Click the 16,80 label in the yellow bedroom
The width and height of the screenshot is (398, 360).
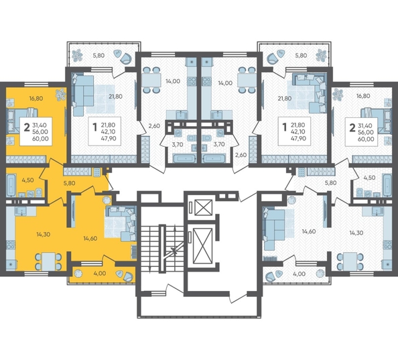tap(36, 99)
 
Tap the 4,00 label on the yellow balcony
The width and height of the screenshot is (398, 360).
tap(100, 274)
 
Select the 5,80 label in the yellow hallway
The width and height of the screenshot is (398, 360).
tap(69, 183)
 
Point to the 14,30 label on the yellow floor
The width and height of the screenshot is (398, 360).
tap(43, 235)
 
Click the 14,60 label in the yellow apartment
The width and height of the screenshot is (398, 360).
tap(90, 239)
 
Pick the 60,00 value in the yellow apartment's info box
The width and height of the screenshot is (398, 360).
tap(40, 139)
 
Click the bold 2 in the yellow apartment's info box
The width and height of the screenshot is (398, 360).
tap(27, 127)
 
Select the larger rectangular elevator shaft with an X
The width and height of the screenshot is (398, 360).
tap(202, 245)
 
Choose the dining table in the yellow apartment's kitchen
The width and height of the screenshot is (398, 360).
tap(48, 261)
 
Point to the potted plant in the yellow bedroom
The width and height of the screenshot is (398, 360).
tap(60, 94)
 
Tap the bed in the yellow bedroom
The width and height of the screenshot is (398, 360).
tap(22, 121)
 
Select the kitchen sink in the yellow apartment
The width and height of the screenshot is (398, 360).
tap(21, 211)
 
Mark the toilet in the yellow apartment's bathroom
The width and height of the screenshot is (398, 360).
tap(39, 192)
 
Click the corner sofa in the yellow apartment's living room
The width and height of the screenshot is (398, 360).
tap(121, 223)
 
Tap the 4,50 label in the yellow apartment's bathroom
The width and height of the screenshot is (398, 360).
tap(27, 180)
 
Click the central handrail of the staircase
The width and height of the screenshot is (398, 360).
tap(162, 249)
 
